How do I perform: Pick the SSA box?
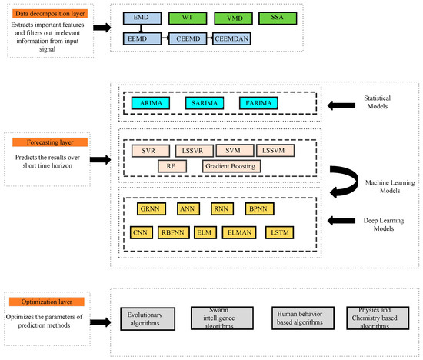(276, 16)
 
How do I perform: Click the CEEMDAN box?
(235, 36)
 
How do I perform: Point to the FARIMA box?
(257, 102)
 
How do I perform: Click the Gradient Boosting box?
(232, 166)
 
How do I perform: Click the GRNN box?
(148, 208)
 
